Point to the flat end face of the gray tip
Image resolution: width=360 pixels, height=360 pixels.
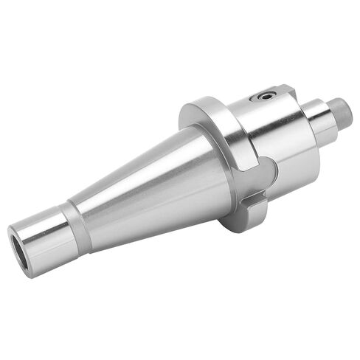pyautogui.click(x=347, y=111)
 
